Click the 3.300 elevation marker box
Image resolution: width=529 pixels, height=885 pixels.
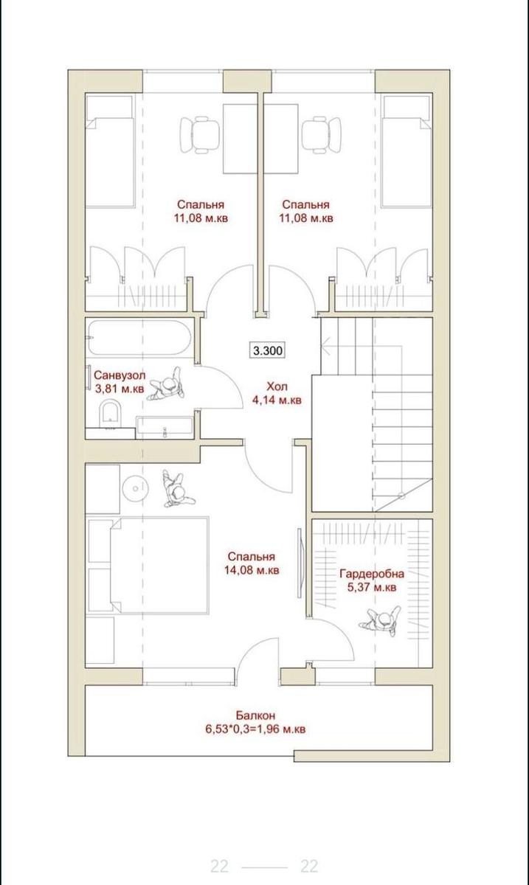tap(269, 350)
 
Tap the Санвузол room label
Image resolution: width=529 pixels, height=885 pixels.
tap(120, 374)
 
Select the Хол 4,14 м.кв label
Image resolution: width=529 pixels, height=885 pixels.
tap(277, 393)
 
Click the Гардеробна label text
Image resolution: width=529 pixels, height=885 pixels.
tap(372, 573)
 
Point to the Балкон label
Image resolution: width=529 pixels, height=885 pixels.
tap(255, 715)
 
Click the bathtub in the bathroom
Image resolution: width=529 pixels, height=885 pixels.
tap(139, 338)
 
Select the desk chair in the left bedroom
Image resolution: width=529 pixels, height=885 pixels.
tap(200, 135)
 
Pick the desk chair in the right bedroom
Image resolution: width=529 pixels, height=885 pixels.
tap(322, 135)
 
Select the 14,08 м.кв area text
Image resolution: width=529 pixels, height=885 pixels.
tap(252, 570)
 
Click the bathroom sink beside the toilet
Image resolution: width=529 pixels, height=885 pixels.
tap(165, 427)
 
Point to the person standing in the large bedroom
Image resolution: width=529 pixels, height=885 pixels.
tap(177, 489)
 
